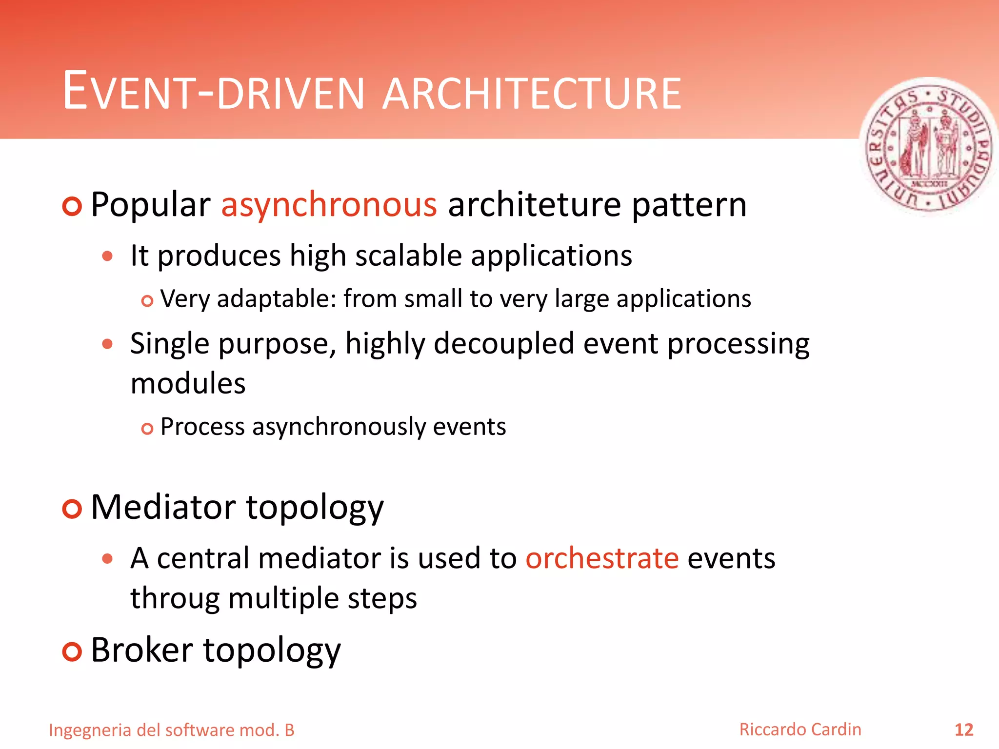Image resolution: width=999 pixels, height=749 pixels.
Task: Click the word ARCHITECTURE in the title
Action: [x=532, y=94]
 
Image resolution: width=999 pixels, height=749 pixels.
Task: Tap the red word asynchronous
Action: [x=329, y=205]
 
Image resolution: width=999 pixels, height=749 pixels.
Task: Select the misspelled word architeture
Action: [x=535, y=205]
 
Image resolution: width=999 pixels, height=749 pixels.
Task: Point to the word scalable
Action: [x=408, y=256]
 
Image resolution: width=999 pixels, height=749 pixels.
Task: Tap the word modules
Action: [x=188, y=383]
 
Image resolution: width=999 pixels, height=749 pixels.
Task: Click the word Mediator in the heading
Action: [x=163, y=508]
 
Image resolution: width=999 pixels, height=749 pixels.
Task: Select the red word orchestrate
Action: [x=602, y=558]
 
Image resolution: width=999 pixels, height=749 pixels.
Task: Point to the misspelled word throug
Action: [x=175, y=599]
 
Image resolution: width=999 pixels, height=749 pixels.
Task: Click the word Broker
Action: [x=142, y=650]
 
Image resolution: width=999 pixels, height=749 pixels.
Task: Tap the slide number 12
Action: [x=963, y=730]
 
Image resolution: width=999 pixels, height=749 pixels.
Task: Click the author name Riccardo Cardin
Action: [x=800, y=729]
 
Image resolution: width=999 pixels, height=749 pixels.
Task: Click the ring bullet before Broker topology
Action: [x=72, y=652]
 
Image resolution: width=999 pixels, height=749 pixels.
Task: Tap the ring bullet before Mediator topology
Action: [x=72, y=509]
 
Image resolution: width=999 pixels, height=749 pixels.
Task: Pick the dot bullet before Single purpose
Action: [x=108, y=344]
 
